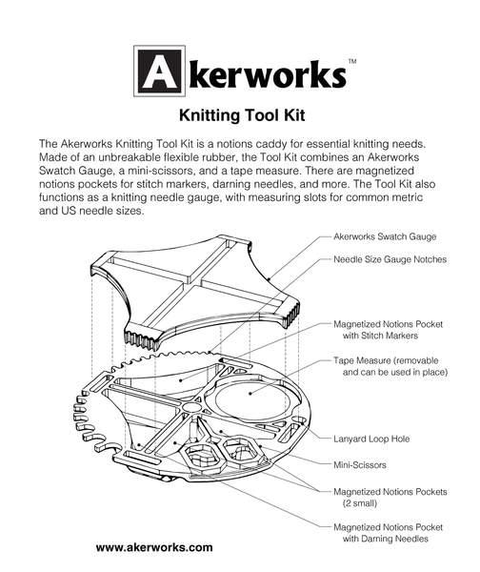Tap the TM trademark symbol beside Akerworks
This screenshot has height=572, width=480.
352,61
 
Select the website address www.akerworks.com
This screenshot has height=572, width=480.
154,549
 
